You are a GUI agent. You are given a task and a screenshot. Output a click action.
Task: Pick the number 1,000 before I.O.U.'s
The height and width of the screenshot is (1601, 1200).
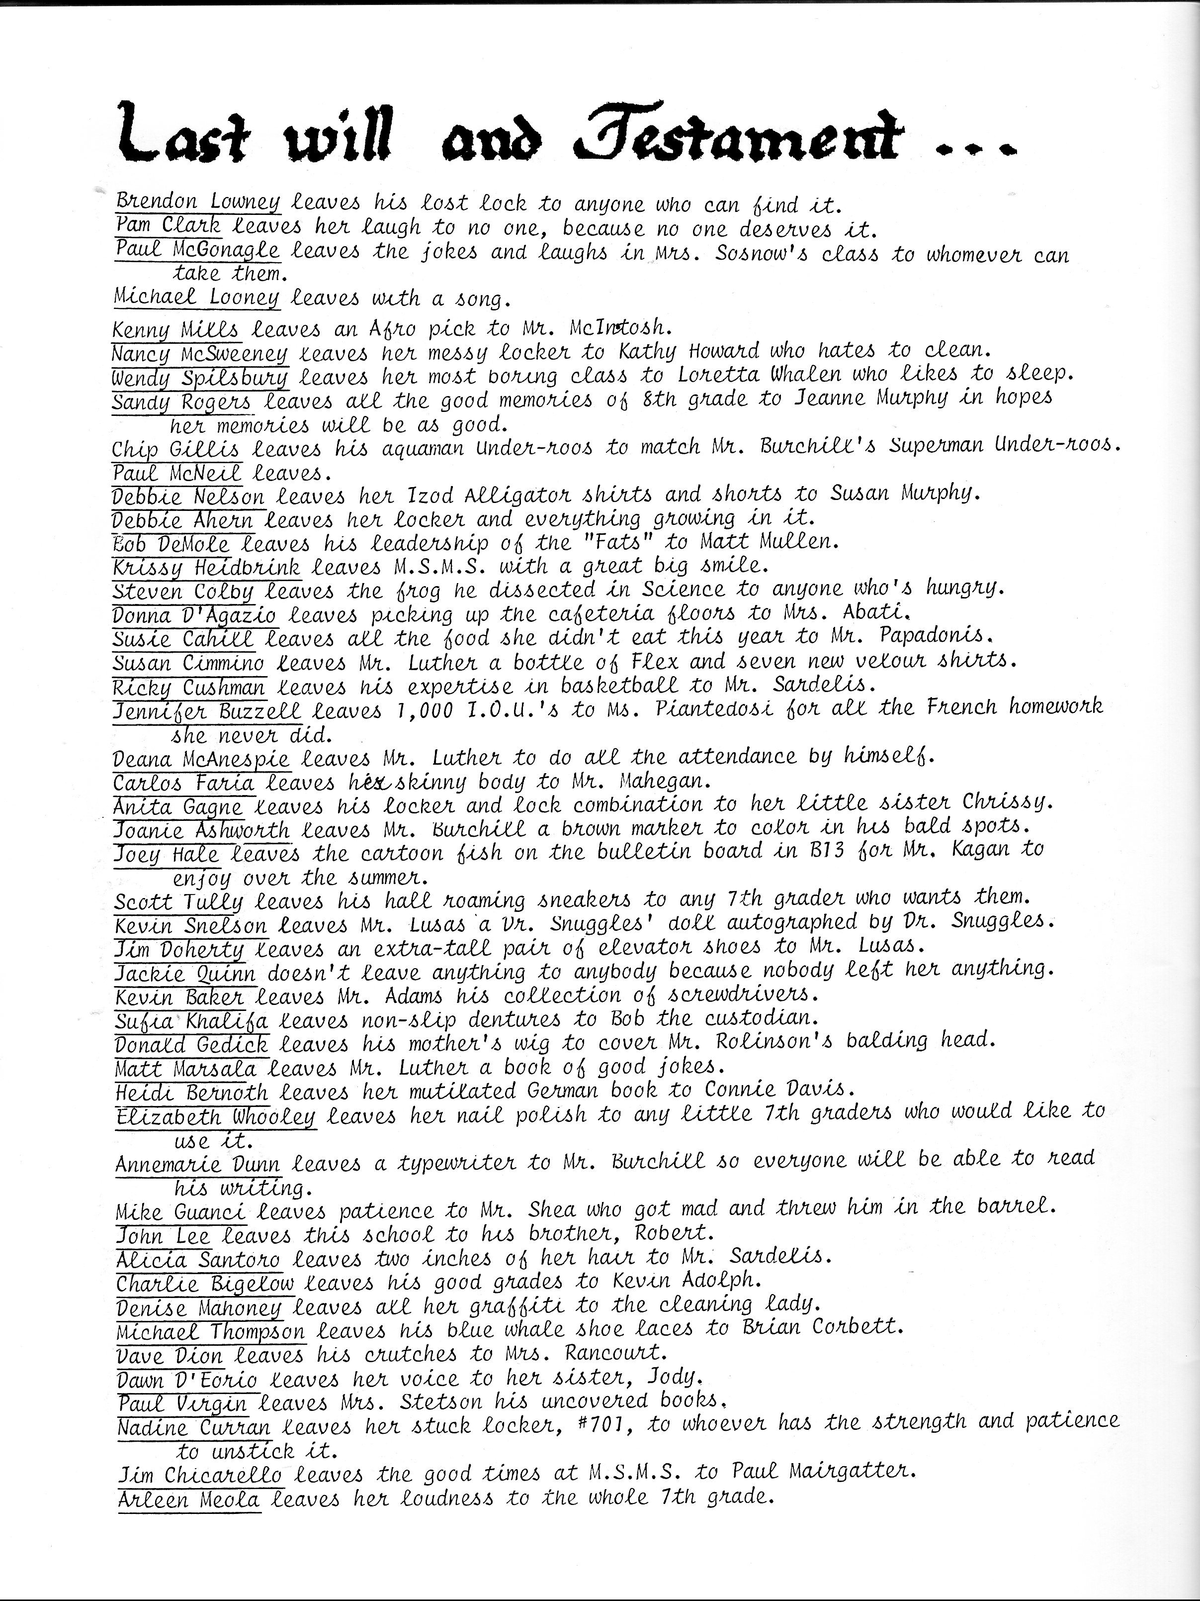pos(425,710)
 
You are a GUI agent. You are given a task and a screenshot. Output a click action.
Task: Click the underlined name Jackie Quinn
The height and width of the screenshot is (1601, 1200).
pos(186,972)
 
